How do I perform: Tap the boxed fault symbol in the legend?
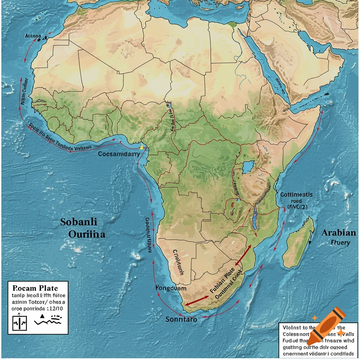tap(19, 322)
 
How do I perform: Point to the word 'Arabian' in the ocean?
tap(339, 233)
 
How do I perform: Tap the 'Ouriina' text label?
tap(82, 234)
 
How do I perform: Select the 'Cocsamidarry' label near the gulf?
tap(119, 154)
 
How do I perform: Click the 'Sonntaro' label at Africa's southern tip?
tap(181, 320)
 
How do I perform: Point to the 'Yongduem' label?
tap(171, 288)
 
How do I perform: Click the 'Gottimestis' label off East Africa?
tap(296, 194)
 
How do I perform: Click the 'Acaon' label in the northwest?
tap(33, 36)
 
